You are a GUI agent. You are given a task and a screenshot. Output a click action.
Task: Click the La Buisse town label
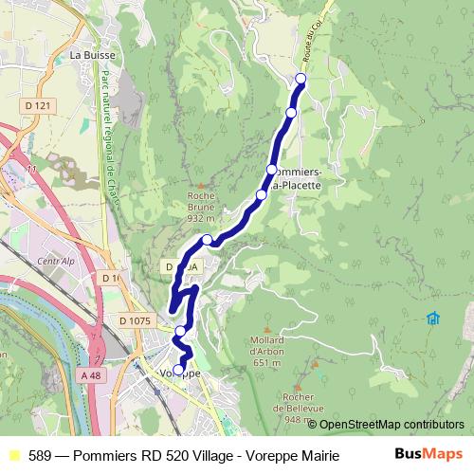click(92, 56)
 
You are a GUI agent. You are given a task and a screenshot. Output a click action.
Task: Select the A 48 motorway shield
click(91, 376)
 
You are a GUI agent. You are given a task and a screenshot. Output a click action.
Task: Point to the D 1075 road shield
click(136, 321)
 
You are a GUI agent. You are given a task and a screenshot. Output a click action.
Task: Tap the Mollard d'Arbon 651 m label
click(268, 351)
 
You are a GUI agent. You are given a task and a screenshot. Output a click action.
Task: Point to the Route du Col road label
click(308, 43)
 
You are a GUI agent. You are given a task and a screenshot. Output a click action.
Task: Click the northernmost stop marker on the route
click(301, 78)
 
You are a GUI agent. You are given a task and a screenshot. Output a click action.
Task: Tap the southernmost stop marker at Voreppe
click(179, 370)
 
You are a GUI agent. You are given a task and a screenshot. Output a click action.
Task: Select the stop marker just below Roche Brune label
click(207, 240)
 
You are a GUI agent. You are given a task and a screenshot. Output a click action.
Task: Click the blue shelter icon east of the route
click(432, 318)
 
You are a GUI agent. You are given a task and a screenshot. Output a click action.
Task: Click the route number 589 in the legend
click(40, 454)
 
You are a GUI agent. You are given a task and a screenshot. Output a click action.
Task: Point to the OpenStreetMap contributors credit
click(392, 424)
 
